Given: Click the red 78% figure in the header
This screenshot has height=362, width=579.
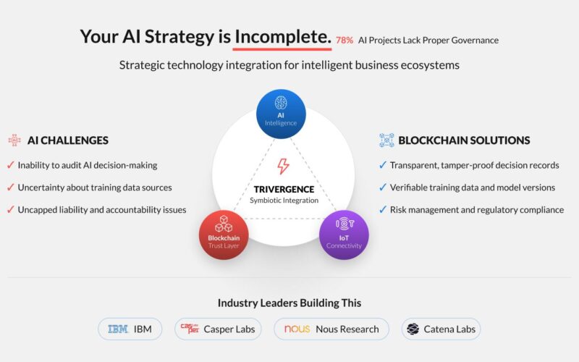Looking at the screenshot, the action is (x=345, y=41).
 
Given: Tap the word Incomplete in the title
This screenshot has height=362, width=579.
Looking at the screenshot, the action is (x=283, y=37).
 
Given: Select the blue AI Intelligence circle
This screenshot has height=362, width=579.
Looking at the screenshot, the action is (x=281, y=114).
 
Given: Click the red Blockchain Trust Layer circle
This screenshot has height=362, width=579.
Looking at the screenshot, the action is (x=224, y=235).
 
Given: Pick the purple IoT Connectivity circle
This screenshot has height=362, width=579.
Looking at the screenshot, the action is (x=344, y=235).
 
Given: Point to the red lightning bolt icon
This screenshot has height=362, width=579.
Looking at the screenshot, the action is (x=283, y=167).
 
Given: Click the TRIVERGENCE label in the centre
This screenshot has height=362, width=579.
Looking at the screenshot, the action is (x=284, y=189).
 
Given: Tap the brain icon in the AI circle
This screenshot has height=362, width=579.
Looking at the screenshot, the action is (x=281, y=103).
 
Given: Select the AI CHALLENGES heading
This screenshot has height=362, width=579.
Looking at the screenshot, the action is (x=68, y=140).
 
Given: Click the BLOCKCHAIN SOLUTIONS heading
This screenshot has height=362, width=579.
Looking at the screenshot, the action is (x=464, y=140).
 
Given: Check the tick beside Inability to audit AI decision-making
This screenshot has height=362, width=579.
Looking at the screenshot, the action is (x=11, y=165).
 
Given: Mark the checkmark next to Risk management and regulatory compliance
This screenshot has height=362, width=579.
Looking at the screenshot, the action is (x=383, y=209).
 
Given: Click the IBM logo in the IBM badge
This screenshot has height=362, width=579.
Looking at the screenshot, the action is (x=118, y=329).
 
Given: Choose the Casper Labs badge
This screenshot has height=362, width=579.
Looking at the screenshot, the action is (x=218, y=329).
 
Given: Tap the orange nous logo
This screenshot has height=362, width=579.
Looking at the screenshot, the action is (x=297, y=329).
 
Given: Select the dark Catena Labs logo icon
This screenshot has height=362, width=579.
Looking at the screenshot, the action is (x=413, y=329).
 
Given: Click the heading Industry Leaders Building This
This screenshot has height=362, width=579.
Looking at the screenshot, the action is (x=289, y=303).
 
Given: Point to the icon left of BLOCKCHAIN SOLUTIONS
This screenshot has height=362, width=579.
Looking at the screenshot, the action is (x=386, y=140).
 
